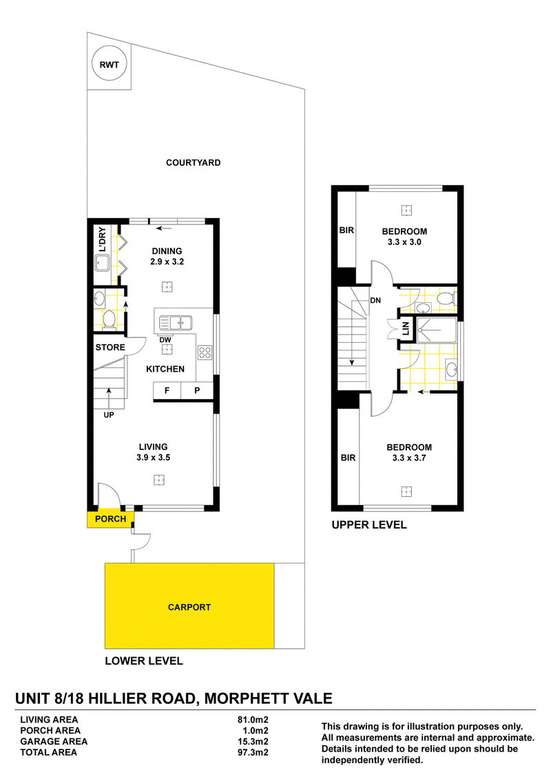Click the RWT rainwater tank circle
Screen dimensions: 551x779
click(110, 64)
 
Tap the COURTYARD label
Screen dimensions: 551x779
click(193, 162)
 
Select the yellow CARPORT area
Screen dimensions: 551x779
click(189, 606)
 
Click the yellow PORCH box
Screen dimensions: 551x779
click(110, 519)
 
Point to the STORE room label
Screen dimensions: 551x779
click(110, 348)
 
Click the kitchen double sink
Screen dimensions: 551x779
click(176, 323)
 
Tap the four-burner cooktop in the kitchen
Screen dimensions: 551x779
click(205, 353)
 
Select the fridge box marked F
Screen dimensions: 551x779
click(167, 390)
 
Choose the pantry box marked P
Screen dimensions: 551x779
click(197, 390)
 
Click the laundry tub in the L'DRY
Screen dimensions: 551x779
click(103, 263)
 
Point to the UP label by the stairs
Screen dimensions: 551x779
click(108, 415)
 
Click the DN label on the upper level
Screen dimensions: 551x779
click(375, 300)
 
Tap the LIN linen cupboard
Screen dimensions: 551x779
click(405, 328)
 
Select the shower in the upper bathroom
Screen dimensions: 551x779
click(436, 330)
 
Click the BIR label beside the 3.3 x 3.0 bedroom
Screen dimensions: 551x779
click(346, 231)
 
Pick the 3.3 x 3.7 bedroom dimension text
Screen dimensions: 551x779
click(409, 458)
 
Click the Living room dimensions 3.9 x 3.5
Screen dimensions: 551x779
click(153, 458)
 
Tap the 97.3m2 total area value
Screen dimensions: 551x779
click(253, 752)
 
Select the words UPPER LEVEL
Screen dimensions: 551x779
click(369, 524)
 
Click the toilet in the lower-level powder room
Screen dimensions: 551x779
click(109, 319)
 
